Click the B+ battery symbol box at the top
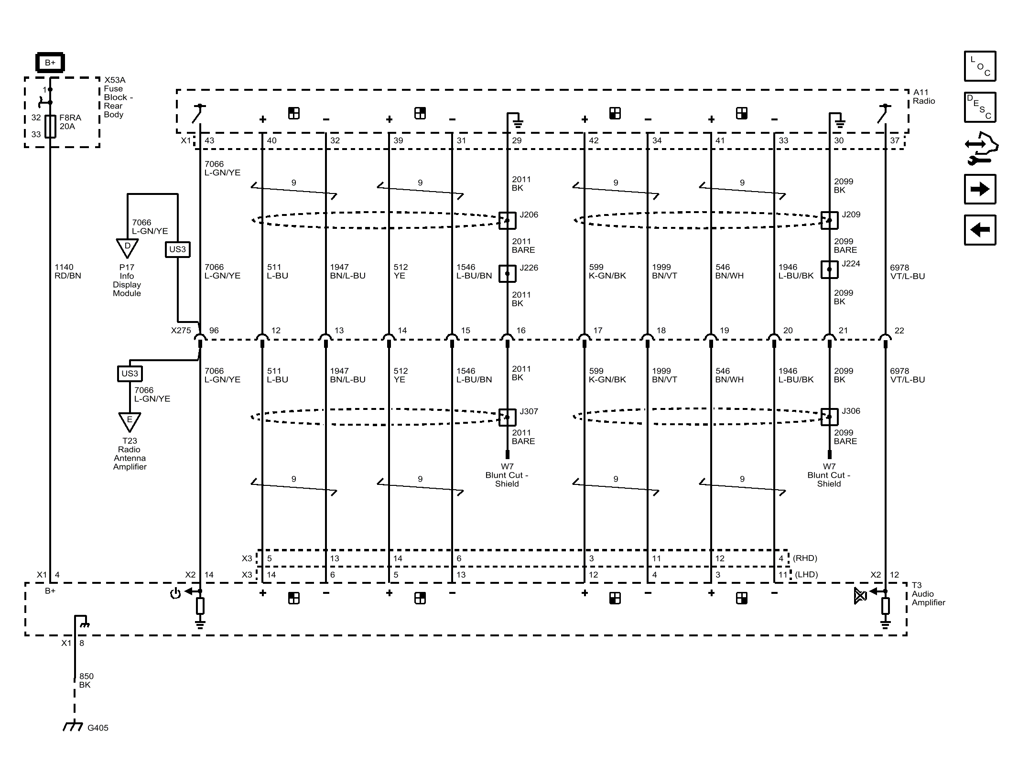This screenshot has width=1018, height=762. [50, 63]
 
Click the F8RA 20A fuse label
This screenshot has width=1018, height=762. [70, 122]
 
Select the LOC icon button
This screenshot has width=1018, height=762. [980, 66]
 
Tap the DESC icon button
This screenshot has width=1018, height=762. [980, 107]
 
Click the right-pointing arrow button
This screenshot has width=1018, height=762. [980, 189]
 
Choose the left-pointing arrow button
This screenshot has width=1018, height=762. [980, 230]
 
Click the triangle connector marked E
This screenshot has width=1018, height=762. [130, 422]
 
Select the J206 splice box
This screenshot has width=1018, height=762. [507, 220]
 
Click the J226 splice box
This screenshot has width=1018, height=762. [507, 273]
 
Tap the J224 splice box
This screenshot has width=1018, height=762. [829, 269]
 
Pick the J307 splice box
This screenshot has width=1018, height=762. [507, 417]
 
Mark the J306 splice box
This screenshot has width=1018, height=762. [829, 417]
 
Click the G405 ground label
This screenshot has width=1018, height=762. [98, 728]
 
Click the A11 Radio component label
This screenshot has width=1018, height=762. [924, 97]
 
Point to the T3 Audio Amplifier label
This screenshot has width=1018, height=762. [928, 594]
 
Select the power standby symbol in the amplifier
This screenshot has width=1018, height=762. [175, 594]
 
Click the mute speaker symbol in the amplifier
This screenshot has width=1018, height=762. [860, 596]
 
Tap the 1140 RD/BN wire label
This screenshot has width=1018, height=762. [68, 271]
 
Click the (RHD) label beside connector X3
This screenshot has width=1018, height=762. [805, 558]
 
